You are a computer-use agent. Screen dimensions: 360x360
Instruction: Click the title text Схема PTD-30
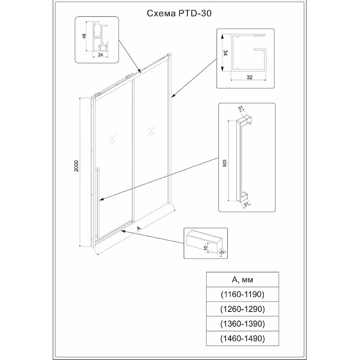pos(179,13)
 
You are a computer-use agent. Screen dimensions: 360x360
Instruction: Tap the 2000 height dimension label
pos(76,166)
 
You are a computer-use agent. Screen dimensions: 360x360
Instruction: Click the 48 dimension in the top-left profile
pos(84,36)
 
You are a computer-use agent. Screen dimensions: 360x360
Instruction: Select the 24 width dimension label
pos(100,55)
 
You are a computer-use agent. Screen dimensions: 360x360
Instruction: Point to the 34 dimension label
pos(226,53)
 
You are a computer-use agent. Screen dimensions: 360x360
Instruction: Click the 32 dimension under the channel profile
pos(249,77)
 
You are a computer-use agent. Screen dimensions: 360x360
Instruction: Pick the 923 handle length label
pos(225,163)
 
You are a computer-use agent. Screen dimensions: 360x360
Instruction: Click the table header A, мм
pos(243,279)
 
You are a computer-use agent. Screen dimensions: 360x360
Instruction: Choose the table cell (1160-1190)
pos(243,294)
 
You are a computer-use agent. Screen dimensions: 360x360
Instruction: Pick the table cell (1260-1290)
pos(243,309)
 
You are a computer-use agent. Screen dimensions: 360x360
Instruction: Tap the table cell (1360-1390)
pos(243,324)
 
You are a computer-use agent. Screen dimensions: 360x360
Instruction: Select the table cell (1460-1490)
pos(243,338)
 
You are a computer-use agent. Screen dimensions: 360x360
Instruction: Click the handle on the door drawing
pos(97,202)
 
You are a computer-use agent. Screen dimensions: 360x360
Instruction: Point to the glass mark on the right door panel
pos(151,131)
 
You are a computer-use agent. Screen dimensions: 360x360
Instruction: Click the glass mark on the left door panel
pos(112,139)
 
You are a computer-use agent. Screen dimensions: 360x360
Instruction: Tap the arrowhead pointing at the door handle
pos(102,199)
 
